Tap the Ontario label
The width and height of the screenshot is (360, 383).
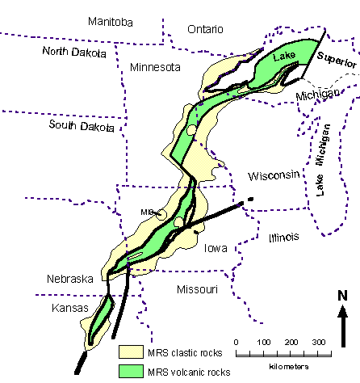point(205,29)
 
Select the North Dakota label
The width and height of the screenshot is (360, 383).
point(75,53)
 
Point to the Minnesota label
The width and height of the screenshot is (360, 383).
point(155,68)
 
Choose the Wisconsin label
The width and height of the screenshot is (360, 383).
point(274,175)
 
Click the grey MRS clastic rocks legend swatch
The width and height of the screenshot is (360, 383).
point(131,352)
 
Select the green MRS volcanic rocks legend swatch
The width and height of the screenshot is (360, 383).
point(131,372)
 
